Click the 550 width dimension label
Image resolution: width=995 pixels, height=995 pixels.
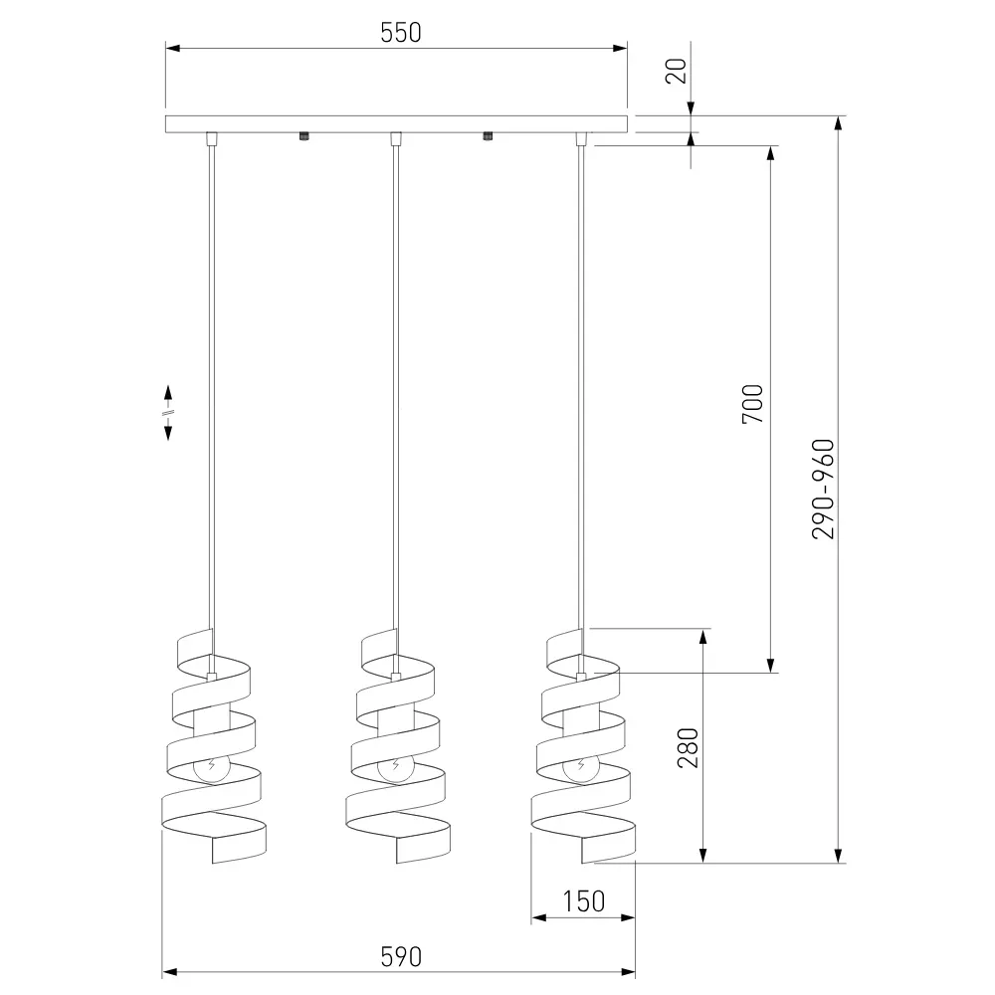pyautogui.click(x=400, y=33)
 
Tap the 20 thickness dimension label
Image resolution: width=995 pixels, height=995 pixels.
pyautogui.click(x=677, y=71)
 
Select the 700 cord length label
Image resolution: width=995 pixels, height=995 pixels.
pyautogui.click(x=753, y=404)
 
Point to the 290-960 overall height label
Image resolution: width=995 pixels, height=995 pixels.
pyautogui.click(x=823, y=490)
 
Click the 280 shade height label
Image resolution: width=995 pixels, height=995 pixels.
pyautogui.click(x=688, y=748)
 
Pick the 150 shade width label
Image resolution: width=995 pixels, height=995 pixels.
pyautogui.click(x=584, y=901)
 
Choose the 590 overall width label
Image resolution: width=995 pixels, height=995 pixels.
pyautogui.click(x=401, y=957)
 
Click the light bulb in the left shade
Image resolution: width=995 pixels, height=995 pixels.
pyautogui.click(x=211, y=767)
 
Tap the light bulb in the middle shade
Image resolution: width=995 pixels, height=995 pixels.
pyautogui.click(x=395, y=767)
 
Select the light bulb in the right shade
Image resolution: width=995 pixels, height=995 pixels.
pyautogui.click(x=580, y=767)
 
